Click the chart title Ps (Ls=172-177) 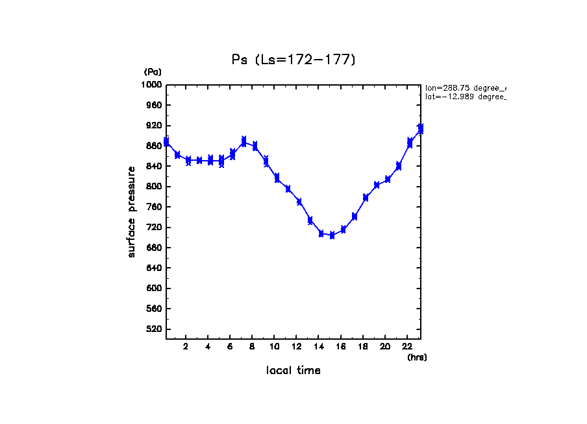click(293, 60)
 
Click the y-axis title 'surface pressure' click(132, 211)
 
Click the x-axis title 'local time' click(293, 371)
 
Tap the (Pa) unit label click(153, 72)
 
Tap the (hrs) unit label click(417, 357)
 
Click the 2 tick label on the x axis click(186, 346)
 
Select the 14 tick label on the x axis click(319, 346)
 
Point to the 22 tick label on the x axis click(407, 346)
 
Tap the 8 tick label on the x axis click(252, 346)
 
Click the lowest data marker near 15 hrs click(332, 235)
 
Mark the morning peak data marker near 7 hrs click(244, 141)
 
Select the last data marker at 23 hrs click(421, 129)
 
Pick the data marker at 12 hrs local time click(299, 202)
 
